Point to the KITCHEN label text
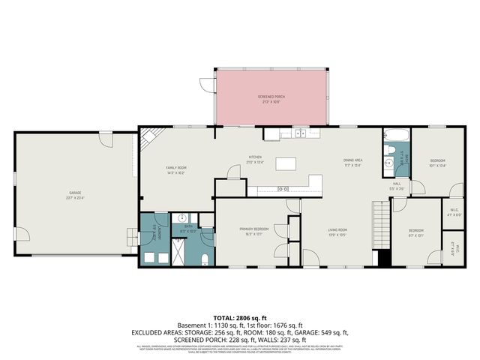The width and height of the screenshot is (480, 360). [x=256, y=158]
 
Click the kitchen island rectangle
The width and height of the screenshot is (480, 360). [x=286, y=163]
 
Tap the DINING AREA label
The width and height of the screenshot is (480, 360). [x=353, y=161]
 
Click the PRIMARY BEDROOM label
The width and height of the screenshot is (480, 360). [x=254, y=229]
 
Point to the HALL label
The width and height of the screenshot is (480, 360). [x=397, y=184]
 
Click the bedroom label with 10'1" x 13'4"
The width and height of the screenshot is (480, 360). [x=437, y=162]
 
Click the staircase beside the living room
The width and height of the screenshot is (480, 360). [x=381, y=225]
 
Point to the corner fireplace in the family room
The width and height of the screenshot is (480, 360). [x=149, y=137]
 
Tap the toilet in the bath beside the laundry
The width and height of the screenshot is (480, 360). [x=205, y=259]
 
